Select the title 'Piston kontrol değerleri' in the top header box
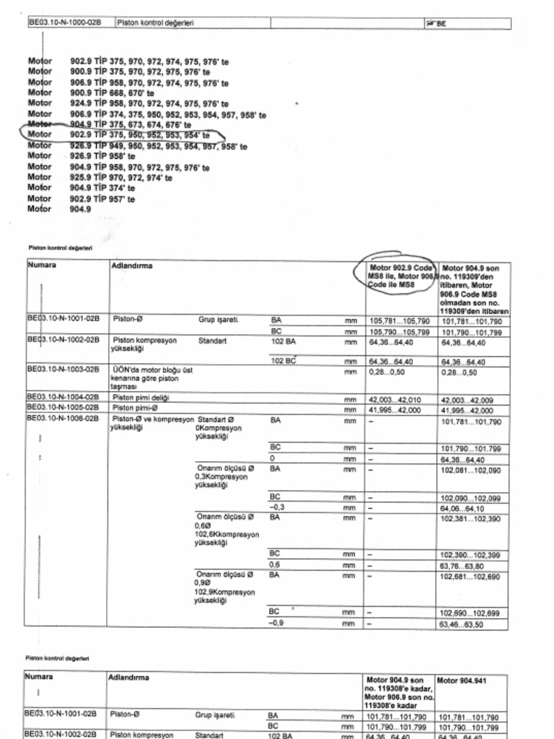(x=155, y=22)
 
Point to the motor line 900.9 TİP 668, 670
(x=112, y=93)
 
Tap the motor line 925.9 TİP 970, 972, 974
(x=120, y=178)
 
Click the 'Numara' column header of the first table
(x=42, y=265)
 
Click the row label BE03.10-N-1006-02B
(x=63, y=418)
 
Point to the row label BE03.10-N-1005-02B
(x=63, y=408)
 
